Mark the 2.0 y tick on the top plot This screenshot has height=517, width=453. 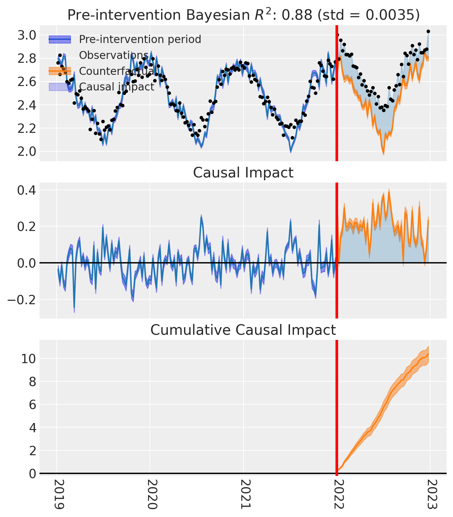(x=28, y=151)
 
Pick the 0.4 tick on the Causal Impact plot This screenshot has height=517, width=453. (x=28, y=190)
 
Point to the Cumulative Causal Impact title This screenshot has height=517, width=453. (x=243, y=330)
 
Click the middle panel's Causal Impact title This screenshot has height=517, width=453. (x=243, y=173)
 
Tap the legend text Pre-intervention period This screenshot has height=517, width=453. (x=140, y=39)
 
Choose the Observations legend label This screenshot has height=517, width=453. (x=114, y=55)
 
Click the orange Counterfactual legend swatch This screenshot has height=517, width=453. (x=60, y=71)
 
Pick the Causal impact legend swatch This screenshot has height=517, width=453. (x=60, y=87)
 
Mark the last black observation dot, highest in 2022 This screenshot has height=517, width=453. (x=428, y=31)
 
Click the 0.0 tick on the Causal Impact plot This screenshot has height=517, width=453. (x=28, y=263)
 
